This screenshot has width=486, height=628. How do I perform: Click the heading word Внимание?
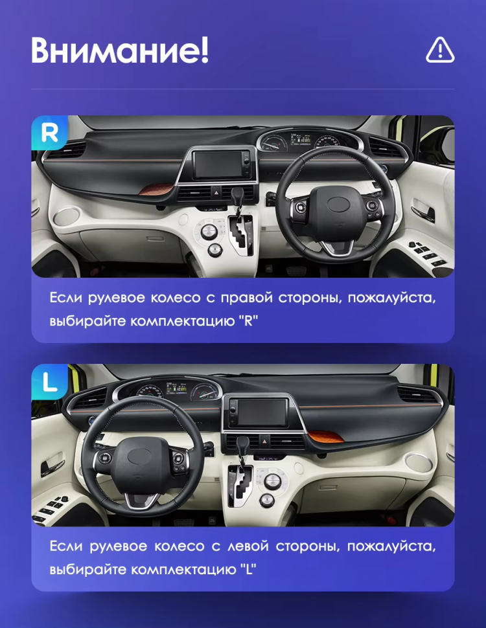(x=120, y=50)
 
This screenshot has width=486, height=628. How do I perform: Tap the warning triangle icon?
(x=440, y=50)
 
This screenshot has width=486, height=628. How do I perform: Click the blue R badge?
(x=49, y=133)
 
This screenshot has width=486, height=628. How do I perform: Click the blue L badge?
(x=49, y=381)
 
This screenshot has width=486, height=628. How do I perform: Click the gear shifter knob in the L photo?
(x=243, y=445)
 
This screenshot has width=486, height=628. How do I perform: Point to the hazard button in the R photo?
(x=216, y=192)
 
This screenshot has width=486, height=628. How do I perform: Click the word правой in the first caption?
(x=247, y=298)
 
